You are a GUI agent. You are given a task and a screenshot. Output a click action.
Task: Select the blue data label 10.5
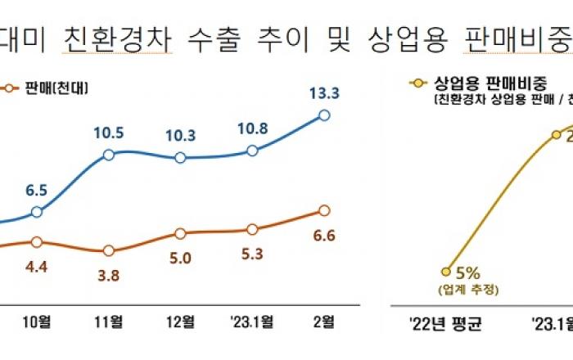coord(110,132)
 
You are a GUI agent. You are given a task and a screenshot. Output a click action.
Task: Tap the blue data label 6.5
coord(36,189)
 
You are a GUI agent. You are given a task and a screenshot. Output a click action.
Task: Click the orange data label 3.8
coord(109,276)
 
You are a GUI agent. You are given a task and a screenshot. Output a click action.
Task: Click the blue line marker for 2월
coord(324,115)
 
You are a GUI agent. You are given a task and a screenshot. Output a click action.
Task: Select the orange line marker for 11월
coord(109,250)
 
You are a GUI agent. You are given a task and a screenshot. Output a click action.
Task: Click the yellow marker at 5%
coord(445,271)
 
